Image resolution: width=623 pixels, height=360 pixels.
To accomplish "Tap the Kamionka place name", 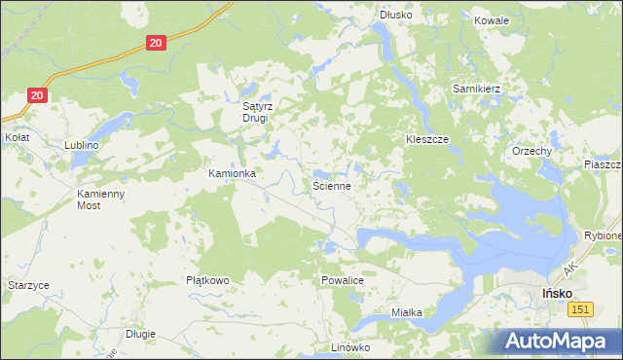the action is click(x=232, y=173).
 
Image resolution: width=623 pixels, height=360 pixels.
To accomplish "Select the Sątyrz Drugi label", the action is click(x=260, y=112).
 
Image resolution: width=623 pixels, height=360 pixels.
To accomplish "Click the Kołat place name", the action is click(x=17, y=138).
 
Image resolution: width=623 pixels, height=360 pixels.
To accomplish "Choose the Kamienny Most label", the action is click(x=101, y=199).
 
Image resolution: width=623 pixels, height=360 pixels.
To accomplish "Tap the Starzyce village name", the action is click(x=28, y=285).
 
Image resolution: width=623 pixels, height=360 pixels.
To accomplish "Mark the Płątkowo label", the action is click(x=207, y=280).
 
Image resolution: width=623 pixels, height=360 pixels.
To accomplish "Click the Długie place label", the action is click(x=140, y=334).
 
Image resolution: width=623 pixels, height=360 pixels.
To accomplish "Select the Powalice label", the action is click(x=342, y=280).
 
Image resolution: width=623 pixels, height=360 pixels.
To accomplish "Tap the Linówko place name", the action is click(x=351, y=347).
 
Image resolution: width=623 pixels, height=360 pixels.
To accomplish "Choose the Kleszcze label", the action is click(x=426, y=140).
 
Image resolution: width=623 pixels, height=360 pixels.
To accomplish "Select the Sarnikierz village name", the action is click(x=476, y=89).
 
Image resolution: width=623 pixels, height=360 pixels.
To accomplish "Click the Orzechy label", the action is click(x=532, y=152).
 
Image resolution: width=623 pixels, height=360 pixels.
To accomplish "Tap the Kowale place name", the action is click(x=492, y=20).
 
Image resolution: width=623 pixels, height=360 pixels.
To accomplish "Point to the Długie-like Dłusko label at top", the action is click(x=396, y=15).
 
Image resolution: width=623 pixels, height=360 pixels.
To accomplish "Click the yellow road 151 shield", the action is click(x=582, y=308).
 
